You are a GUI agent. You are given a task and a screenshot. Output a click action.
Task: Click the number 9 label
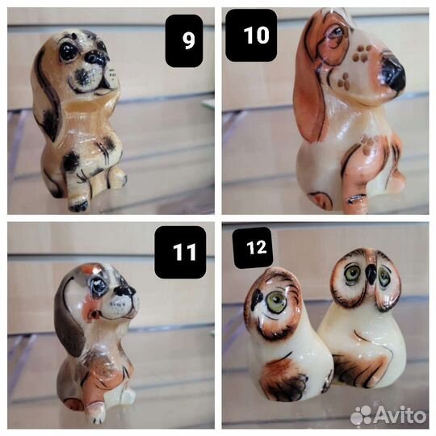coord(184,40)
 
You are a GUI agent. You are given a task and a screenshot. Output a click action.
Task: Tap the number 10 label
coord(251,35)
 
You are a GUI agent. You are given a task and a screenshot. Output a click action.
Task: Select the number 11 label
coord(180,252)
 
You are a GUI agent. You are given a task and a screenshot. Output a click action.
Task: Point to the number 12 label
coord(253,248)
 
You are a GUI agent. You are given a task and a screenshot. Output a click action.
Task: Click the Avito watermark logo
coord(388,416)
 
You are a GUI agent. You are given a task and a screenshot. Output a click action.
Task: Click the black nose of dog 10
coord(393,73)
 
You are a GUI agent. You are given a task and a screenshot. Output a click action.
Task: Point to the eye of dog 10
coord(336,33)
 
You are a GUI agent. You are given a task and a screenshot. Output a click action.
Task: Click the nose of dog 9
coord(95,57)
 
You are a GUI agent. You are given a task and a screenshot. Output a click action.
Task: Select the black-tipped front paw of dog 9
coord(78,205)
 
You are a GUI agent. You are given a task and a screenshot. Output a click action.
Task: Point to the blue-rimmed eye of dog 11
coord(99,286)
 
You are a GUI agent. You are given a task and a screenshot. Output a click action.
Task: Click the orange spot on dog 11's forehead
coord(86,269)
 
